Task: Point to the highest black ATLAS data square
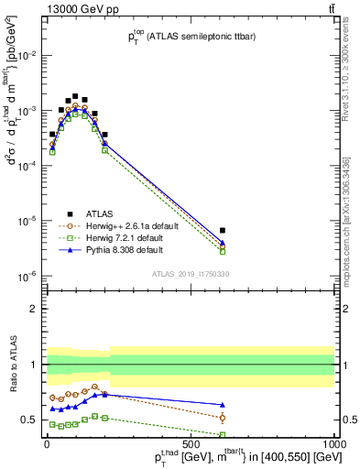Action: (75, 95)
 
